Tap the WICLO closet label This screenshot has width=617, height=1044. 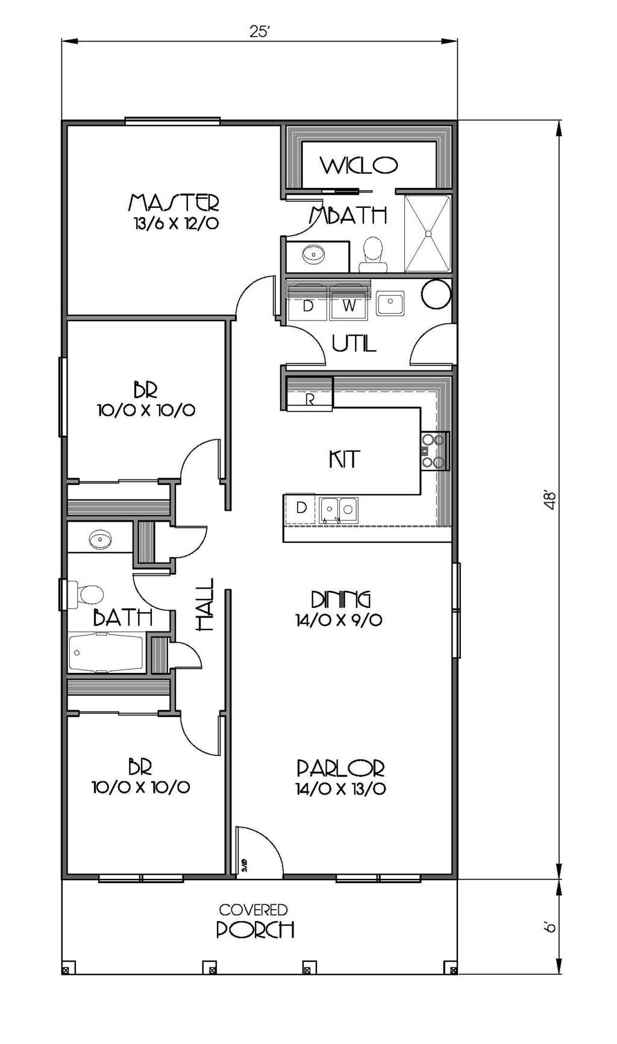pos(359,164)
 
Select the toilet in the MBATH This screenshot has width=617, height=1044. pos(373,253)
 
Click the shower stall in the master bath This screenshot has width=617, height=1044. pos(427,233)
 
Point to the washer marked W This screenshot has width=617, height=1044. pos(349,305)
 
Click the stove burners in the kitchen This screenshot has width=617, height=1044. pos(434,451)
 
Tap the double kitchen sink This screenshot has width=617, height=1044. pos(338,509)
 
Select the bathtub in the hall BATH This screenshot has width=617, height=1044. pos(106,652)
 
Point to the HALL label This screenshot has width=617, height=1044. pos(205,604)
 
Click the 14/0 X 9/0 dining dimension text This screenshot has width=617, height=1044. pos(339,620)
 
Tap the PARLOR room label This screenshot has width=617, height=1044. pos(340,768)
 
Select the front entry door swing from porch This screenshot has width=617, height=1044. pos(259,851)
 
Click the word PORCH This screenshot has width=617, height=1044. pos(255,930)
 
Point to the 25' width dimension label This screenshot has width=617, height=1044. pos(259,32)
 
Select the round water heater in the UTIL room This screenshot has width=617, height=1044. pos(436,294)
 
